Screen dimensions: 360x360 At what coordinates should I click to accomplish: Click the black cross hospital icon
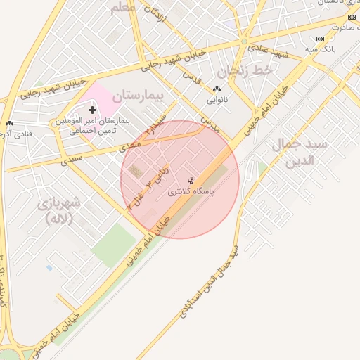(92, 110)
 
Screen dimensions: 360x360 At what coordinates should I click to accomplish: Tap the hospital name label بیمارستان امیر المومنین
(93, 121)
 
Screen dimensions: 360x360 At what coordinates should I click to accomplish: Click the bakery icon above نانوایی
(216, 89)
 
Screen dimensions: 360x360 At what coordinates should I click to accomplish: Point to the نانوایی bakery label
(216, 100)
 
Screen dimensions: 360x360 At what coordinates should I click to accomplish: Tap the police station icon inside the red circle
(191, 181)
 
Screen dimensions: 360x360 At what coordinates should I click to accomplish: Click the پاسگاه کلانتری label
(191, 191)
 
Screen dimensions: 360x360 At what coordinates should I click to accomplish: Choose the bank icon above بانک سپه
(321, 39)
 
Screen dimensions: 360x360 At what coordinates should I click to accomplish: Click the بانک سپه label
(320, 49)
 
